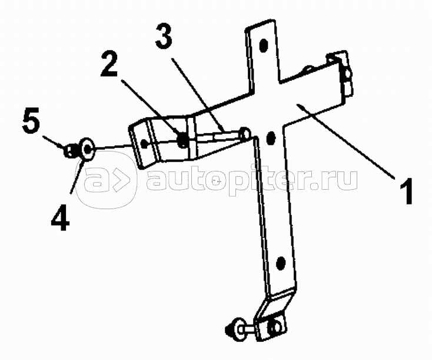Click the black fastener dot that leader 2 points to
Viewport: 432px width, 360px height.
pos(183,141)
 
